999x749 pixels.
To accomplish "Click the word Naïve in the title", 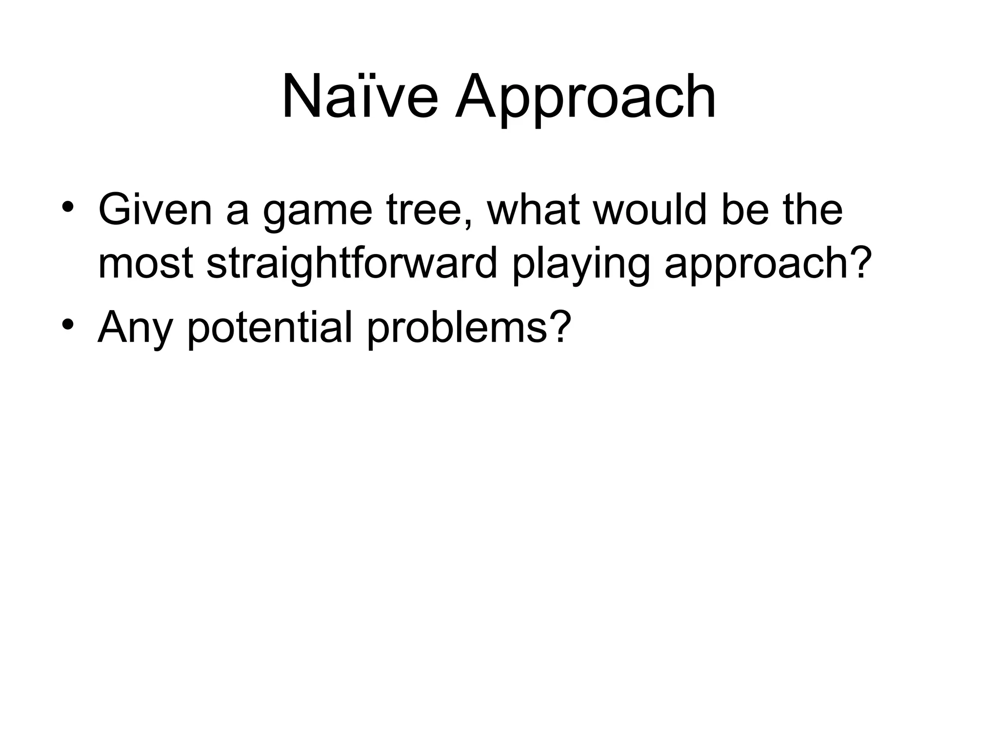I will pos(360,96).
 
